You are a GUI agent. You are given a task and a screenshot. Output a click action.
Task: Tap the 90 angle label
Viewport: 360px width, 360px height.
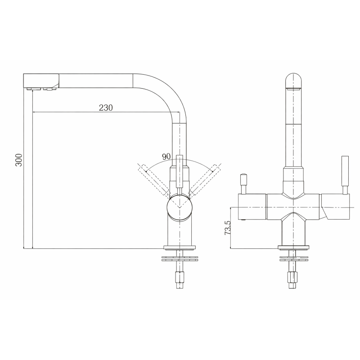[165, 157]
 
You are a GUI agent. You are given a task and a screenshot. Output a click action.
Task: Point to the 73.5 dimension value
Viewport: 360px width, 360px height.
[228, 228]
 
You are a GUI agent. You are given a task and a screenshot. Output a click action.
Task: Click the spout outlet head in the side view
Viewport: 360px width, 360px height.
[41, 81]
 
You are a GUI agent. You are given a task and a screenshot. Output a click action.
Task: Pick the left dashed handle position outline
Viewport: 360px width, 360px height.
[153, 179]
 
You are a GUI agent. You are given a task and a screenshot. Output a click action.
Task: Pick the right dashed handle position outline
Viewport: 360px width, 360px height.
[204, 179]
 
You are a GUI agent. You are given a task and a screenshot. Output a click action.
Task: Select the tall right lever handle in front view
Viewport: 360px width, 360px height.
[346, 173]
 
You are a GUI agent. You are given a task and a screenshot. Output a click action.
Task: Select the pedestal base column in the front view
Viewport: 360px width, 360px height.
[293, 232]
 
